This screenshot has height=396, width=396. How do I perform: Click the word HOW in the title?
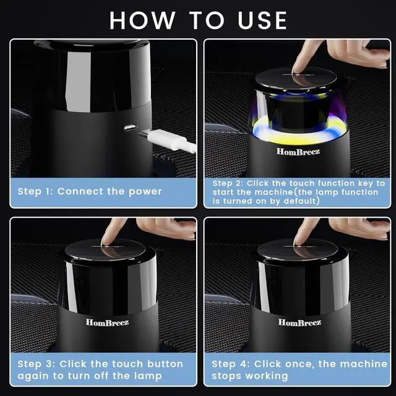click(142, 20)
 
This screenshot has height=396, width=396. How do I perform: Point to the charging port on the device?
click(131, 127)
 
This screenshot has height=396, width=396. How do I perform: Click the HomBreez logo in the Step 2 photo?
click(298, 151)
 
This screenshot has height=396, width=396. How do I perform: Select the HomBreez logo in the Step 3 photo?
click(107, 322)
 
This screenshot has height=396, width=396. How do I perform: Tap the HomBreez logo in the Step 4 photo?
click(299, 322)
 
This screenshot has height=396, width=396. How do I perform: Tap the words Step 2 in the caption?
click(227, 183)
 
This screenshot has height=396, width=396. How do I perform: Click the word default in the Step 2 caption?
click(300, 201)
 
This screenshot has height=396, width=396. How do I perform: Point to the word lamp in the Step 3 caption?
click(148, 376)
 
